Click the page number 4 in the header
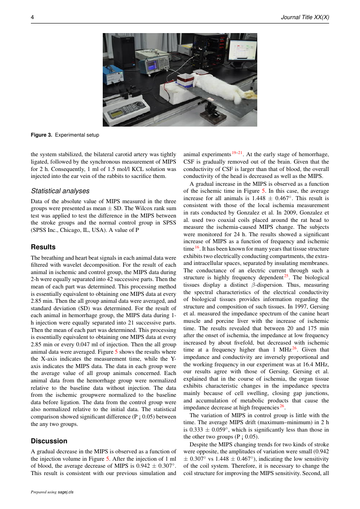coord(32,17)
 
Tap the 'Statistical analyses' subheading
coord(61,191)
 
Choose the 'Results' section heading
coord(43,247)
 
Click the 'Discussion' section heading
coord(49,441)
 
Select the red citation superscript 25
coord(286,275)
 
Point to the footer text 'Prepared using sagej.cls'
coord(52,492)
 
